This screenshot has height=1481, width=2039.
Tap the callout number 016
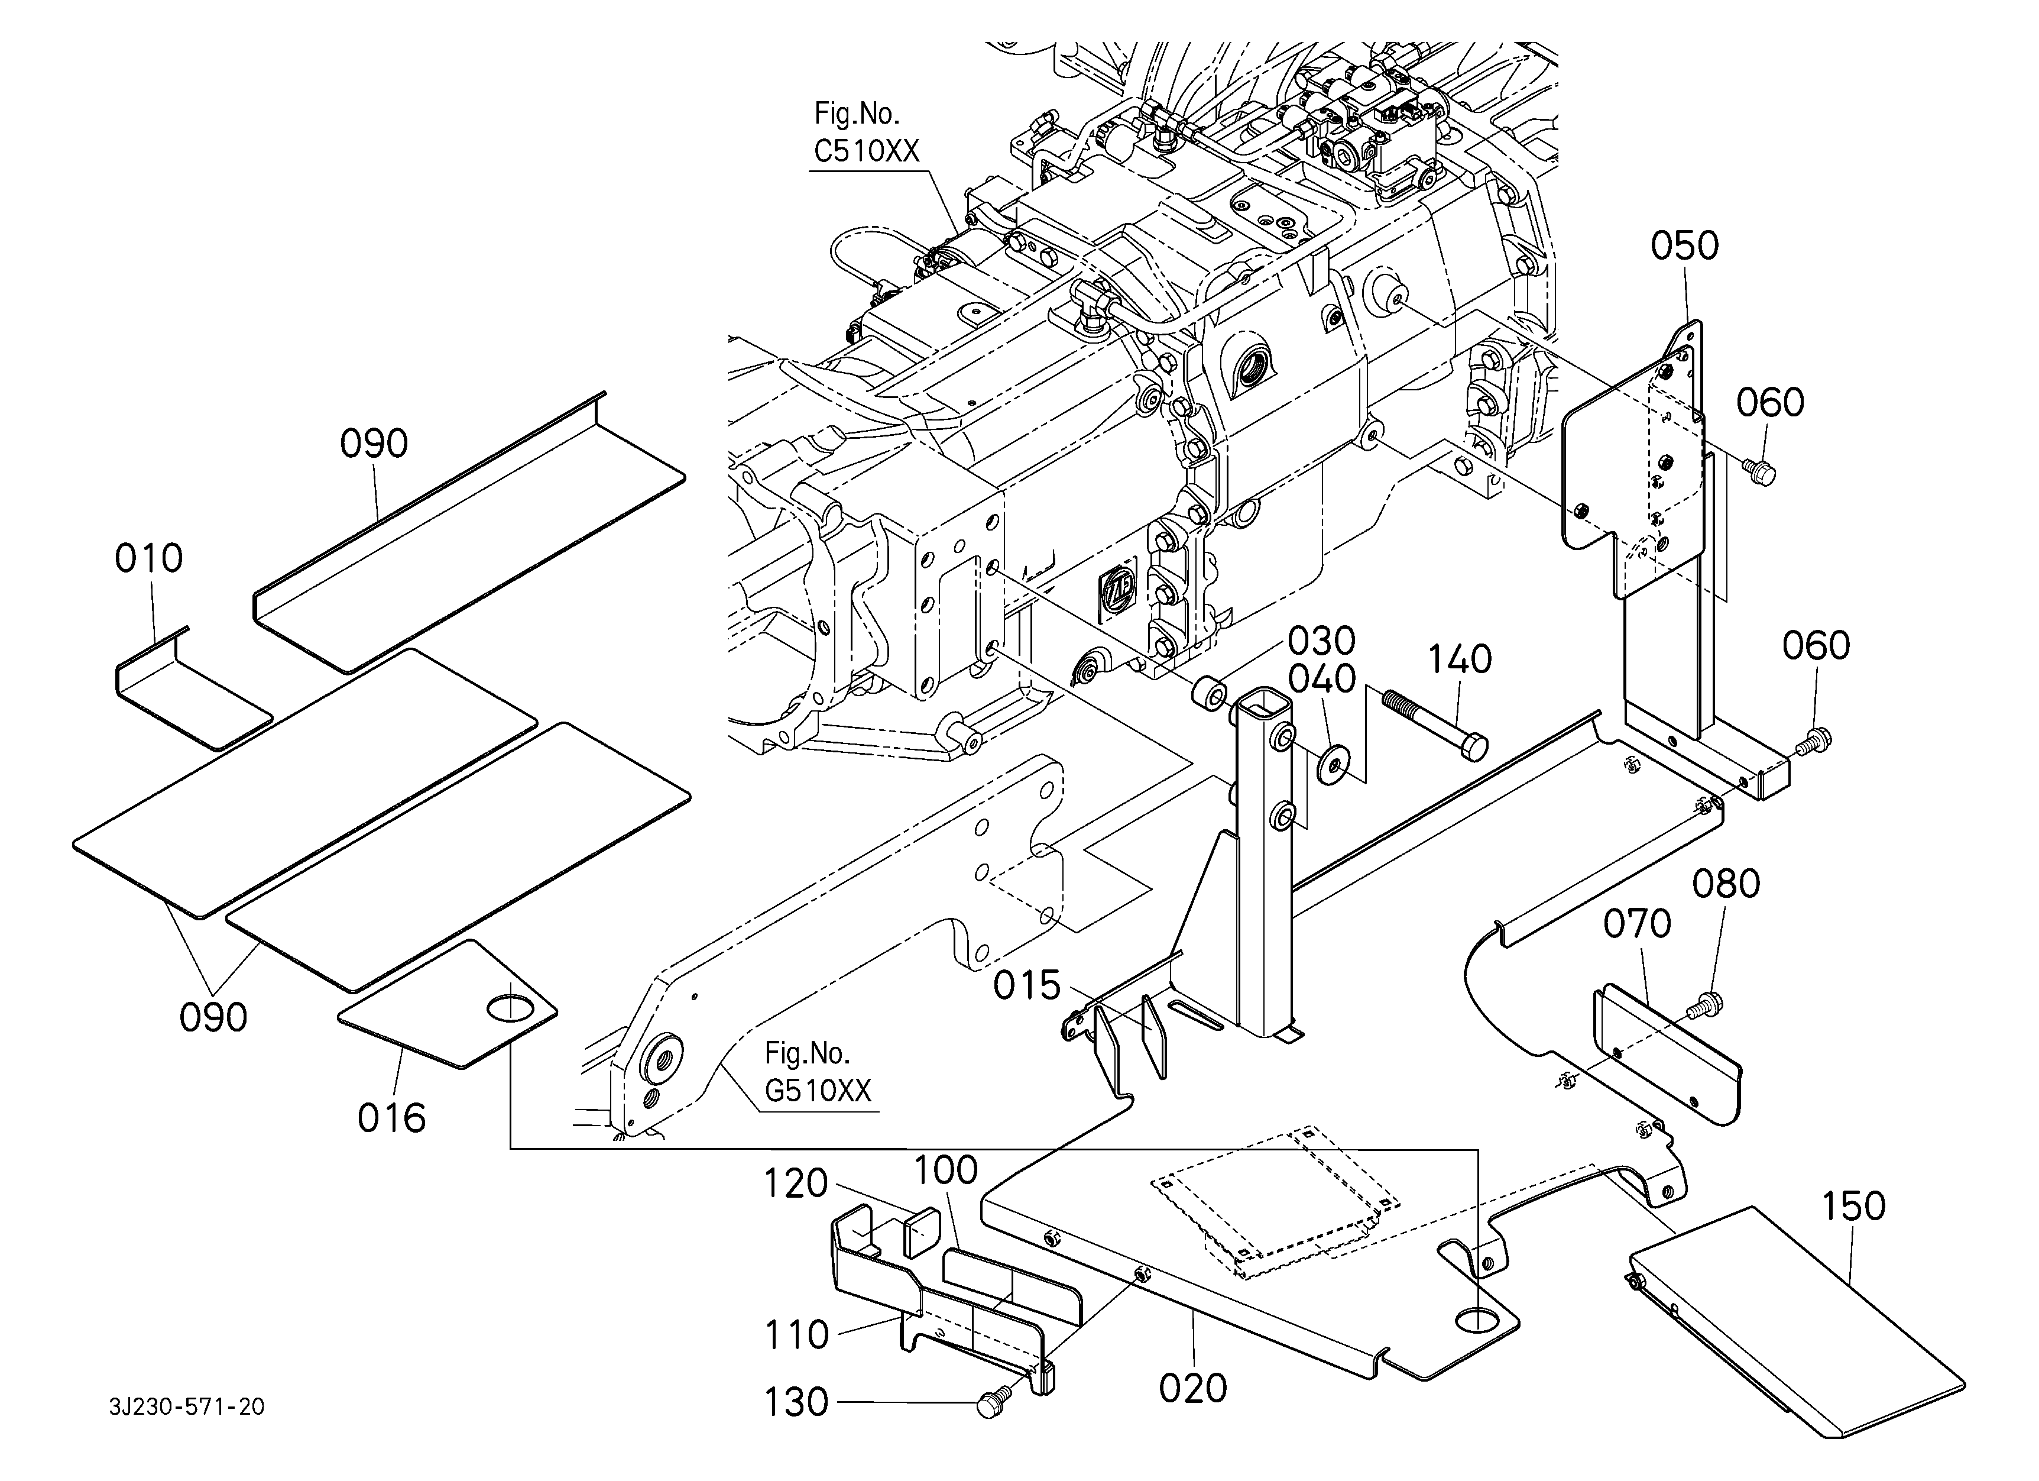(391, 1118)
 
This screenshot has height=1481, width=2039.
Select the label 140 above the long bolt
(1460, 660)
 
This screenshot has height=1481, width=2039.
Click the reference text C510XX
(867, 151)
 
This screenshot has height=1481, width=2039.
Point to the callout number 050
(1684, 245)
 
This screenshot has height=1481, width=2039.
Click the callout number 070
(1637, 923)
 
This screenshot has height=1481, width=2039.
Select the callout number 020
(1193, 1388)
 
